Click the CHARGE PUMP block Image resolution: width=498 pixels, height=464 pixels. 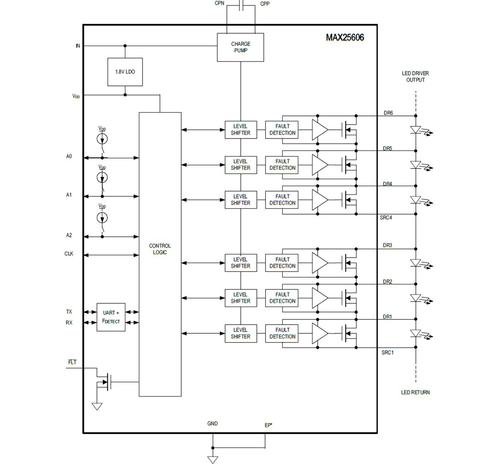pyautogui.click(x=240, y=47)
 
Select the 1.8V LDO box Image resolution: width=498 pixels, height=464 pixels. pyautogui.click(x=125, y=72)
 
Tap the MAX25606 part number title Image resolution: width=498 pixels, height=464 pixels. pyautogui.click(x=345, y=37)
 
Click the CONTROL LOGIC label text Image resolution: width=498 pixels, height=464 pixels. pyautogui.click(x=160, y=249)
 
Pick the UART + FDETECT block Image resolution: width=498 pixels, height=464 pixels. pyautogui.click(x=111, y=317)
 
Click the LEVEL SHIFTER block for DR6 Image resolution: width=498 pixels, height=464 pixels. pyautogui.click(x=240, y=130)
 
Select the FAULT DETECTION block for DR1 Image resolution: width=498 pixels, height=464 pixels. pyautogui.click(x=282, y=333)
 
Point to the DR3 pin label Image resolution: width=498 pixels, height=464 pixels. pyautogui.click(x=387, y=246)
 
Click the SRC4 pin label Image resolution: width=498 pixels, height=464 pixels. pyautogui.click(x=386, y=217)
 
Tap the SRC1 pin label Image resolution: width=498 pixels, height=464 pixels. pyautogui.click(x=387, y=353)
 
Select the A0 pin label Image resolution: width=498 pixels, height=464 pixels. pyautogui.click(x=69, y=157)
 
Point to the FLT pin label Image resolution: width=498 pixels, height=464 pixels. pyautogui.click(x=72, y=362)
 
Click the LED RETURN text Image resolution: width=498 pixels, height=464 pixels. pyautogui.click(x=415, y=392)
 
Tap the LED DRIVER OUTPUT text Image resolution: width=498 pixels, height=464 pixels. pyautogui.click(x=415, y=77)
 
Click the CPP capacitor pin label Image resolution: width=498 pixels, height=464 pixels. pyautogui.click(x=265, y=4)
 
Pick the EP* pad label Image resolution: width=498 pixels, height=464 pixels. pyautogui.click(x=268, y=425)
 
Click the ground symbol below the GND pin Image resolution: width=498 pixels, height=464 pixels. pyautogui.click(x=213, y=459)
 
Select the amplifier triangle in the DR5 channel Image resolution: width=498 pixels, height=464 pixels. pyautogui.click(x=319, y=165)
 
